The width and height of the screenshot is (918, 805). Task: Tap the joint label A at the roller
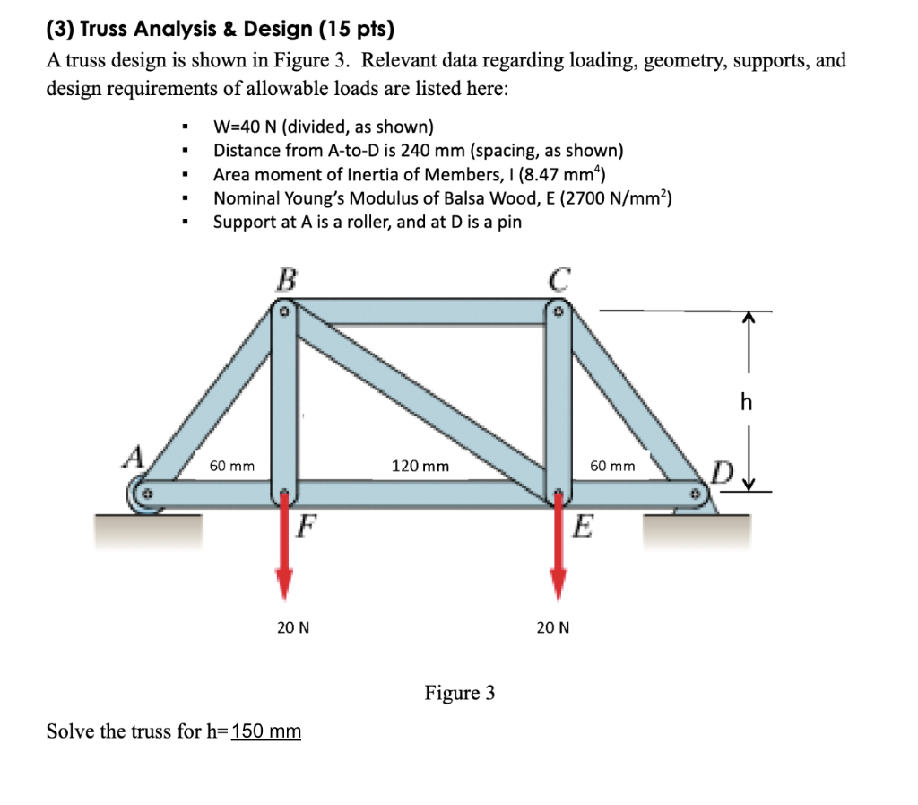tap(134, 459)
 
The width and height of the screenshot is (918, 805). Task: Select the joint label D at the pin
tap(722, 470)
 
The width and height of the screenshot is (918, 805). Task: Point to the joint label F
tap(307, 523)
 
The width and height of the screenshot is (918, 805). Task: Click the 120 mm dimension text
tap(420, 467)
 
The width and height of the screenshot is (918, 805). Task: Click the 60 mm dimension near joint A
tap(231, 467)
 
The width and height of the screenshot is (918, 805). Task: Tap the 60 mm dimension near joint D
tap(613, 467)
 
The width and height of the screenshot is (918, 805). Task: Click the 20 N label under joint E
tap(552, 627)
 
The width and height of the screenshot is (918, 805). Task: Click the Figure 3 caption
tap(459, 694)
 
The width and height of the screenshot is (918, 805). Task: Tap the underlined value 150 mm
tap(266, 731)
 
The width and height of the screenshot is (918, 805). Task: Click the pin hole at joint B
tap(283, 313)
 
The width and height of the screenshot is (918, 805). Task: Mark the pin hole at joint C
tap(558, 313)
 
